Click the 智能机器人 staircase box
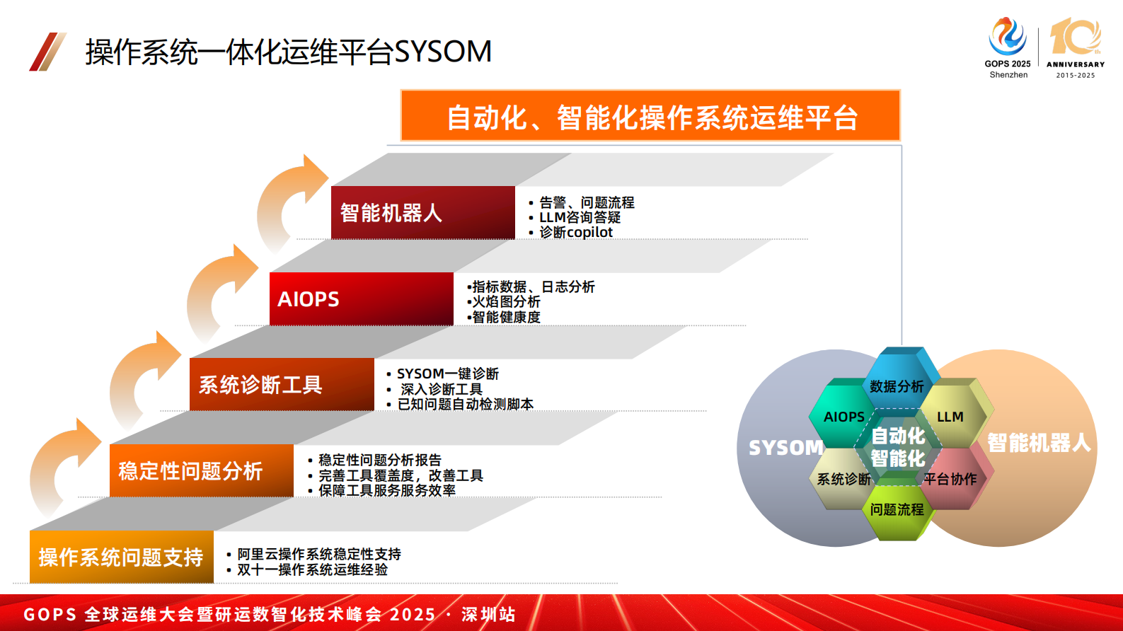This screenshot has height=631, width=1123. [x=422, y=212]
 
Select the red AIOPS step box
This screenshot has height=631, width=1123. [x=361, y=299]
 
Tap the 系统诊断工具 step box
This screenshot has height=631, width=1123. [x=281, y=384]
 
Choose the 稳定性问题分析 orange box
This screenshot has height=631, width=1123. [x=201, y=470]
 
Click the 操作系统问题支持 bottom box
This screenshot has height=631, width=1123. [x=121, y=557]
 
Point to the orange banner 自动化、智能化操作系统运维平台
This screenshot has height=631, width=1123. [x=650, y=116]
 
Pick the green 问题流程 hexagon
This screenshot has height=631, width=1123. [x=897, y=509]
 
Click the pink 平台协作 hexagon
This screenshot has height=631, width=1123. [x=950, y=479]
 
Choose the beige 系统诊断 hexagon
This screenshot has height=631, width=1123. [x=843, y=479]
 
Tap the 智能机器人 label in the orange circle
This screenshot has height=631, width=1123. [x=1039, y=443]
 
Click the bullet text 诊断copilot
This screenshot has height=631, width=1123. [x=575, y=232]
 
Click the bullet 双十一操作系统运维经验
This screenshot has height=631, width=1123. [x=312, y=569]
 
